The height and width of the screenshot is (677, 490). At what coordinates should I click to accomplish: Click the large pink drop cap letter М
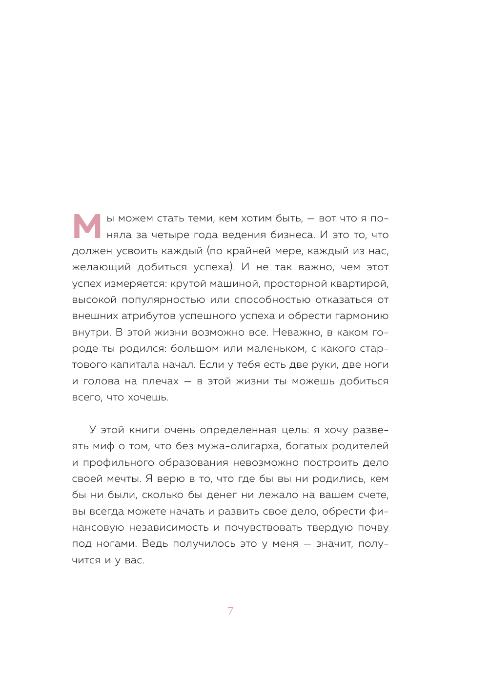click(x=87, y=226)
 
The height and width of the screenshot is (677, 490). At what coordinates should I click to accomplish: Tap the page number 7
click(x=230, y=611)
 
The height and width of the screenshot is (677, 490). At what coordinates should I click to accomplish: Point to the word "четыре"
click(x=170, y=235)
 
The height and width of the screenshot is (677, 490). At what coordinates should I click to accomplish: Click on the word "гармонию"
click(x=362, y=316)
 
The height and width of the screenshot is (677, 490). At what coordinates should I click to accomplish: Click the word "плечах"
click(x=160, y=381)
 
